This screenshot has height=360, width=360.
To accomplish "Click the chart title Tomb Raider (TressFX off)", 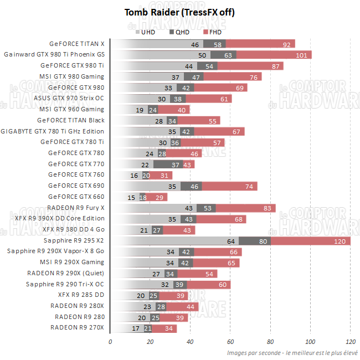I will [180, 12].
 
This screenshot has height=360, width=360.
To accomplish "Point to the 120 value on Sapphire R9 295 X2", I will [340, 241].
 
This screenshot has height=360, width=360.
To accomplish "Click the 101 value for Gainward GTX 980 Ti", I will [302, 55].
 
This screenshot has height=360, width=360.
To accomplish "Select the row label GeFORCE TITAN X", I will [76, 44].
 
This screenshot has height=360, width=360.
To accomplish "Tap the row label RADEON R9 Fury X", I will [76, 208].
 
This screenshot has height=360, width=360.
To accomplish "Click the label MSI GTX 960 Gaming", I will [71, 109].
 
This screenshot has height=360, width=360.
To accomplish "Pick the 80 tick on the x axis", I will [270, 342].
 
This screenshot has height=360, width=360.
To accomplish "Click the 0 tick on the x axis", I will [110, 342].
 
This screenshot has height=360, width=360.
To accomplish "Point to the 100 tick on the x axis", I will [310, 342].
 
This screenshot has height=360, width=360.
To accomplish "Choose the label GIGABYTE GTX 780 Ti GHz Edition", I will [52, 131].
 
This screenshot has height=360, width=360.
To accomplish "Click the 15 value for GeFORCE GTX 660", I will [131, 197].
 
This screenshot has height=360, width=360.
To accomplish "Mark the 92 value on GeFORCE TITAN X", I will [287, 44].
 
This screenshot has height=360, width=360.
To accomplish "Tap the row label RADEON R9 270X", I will [77, 328].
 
